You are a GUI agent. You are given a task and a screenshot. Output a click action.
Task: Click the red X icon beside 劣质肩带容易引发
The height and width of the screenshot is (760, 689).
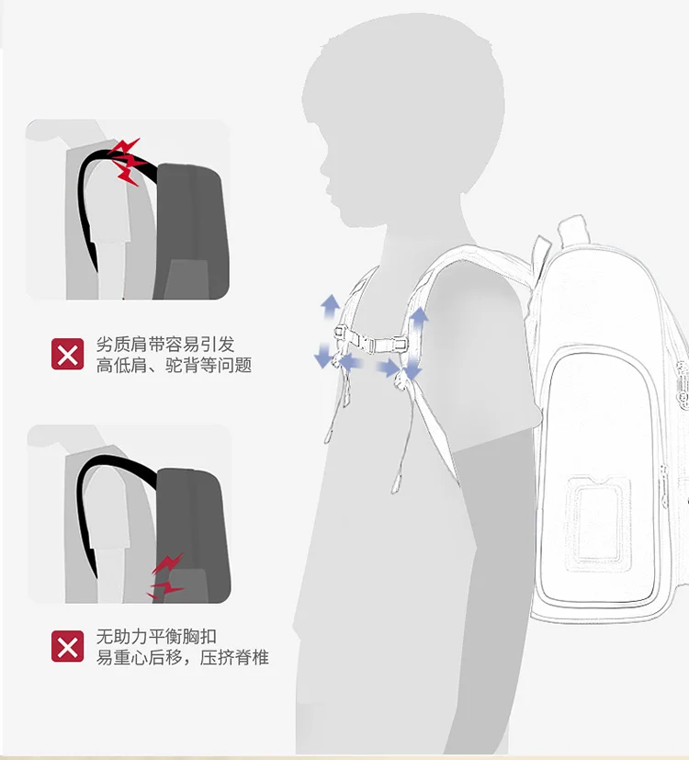pyautogui.click(x=67, y=354)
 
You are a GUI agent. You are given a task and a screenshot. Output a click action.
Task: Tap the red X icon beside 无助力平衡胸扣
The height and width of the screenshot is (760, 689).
pyautogui.click(x=67, y=646)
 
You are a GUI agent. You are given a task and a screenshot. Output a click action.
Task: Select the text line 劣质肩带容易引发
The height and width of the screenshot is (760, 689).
pyautogui.click(x=165, y=344)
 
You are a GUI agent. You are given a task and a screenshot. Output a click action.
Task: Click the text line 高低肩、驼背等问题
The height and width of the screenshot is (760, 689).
pyautogui.click(x=174, y=365)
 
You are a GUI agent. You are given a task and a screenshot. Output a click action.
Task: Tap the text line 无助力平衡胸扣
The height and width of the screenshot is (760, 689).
pyautogui.click(x=156, y=637)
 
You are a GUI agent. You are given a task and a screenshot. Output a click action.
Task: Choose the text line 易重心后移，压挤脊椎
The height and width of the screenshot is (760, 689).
pyautogui.click(x=182, y=657)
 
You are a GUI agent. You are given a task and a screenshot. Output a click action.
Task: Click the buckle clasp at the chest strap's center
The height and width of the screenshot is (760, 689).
pyautogui.click(x=370, y=342)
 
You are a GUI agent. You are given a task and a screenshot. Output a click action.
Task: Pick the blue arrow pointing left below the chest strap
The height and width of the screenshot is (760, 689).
pyautogui.click(x=351, y=362)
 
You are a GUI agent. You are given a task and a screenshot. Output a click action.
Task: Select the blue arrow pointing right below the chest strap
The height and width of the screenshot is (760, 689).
pyautogui.click(x=388, y=369)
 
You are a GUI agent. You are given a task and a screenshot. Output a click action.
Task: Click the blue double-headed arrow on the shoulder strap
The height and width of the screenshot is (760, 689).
pyautogui.click(x=416, y=343)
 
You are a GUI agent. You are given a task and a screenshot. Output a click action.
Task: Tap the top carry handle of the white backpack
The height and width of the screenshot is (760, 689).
pyautogui.click(x=570, y=230)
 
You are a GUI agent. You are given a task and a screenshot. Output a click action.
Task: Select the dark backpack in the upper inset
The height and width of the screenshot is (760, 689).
pyautogui.click(x=191, y=231)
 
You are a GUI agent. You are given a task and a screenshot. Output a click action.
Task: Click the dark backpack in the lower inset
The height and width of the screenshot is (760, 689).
pyautogui.click(x=192, y=535)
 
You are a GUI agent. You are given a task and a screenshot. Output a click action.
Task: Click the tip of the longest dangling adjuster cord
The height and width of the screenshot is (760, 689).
pyautogui.click(x=394, y=490)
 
